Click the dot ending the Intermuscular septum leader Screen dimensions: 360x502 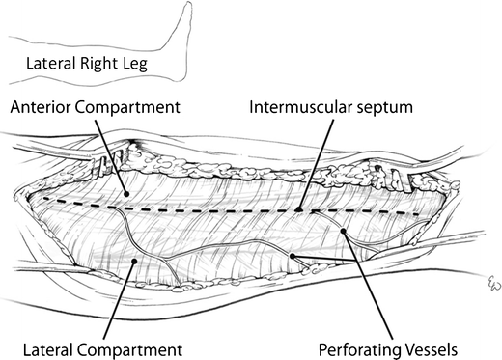[301, 209]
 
